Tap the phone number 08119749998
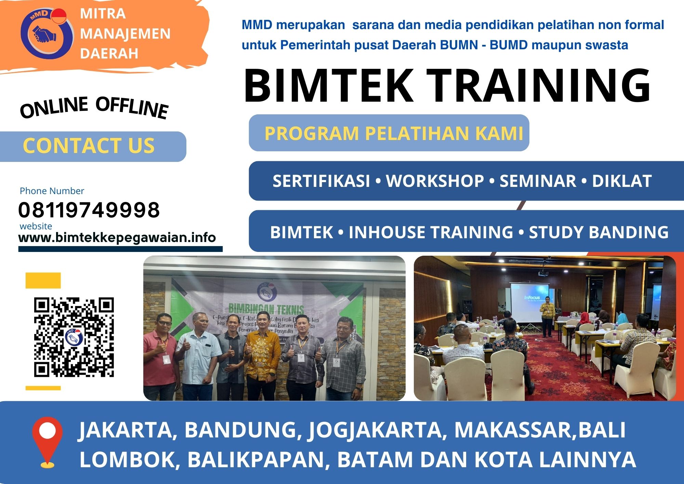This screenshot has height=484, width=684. [89, 210]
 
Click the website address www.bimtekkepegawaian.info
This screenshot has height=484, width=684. [117, 238]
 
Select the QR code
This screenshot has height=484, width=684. [74, 337]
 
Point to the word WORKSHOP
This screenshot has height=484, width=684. [435, 181]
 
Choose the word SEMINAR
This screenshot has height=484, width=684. [538, 181]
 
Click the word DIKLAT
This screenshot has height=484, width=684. [621, 181]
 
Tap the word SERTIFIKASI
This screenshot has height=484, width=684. [321, 181]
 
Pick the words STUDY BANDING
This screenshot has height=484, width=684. [598, 232]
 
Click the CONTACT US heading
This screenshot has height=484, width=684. [89, 146]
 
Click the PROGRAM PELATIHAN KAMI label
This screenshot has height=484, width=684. [394, 133]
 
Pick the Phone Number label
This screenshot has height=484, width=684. [52, 191]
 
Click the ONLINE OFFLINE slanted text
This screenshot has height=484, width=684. [94, 107]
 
